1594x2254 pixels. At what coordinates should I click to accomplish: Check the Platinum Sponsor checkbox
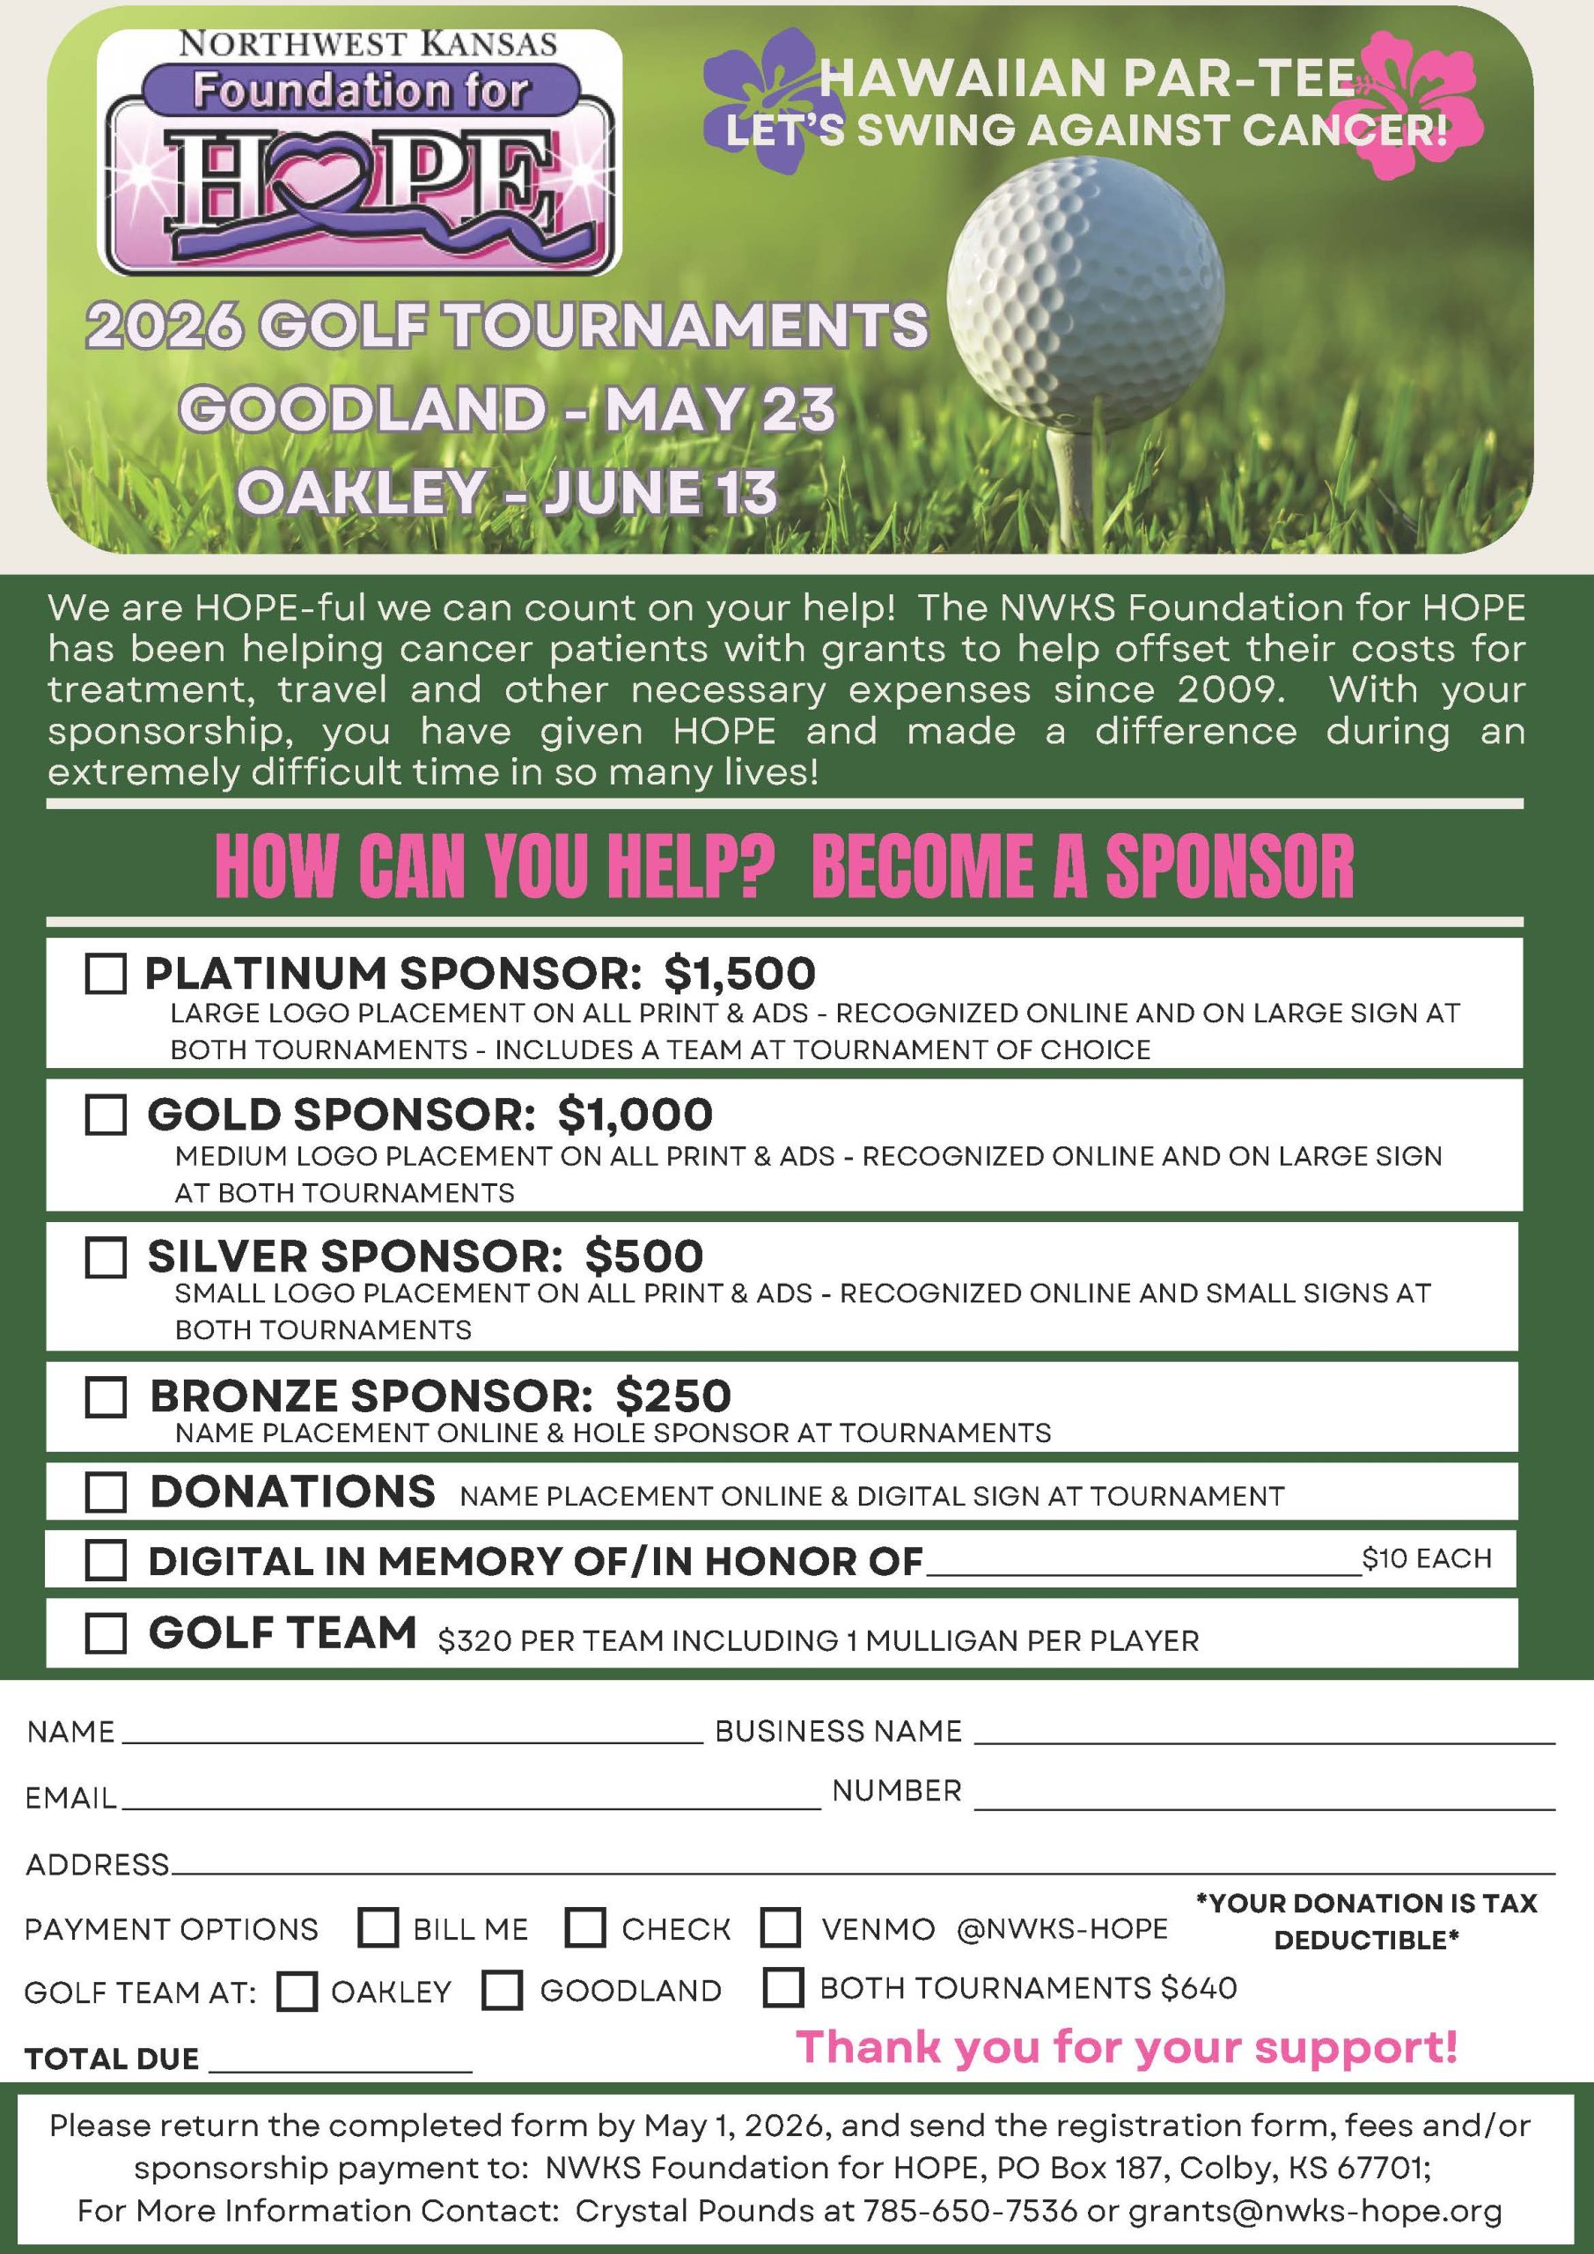pos(106,974)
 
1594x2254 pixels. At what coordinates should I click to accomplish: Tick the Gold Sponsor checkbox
pos(106,1115)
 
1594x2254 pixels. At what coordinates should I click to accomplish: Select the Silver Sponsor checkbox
pos(106,1256)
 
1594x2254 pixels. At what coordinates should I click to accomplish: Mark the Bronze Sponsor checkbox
pos(106,1396)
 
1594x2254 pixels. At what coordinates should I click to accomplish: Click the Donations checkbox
pos(106,1492)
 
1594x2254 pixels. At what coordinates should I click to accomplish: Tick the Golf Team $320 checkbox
pos(106,1633)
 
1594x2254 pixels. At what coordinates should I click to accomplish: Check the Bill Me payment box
pos(378,1927)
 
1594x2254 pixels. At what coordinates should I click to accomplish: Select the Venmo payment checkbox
pos(782,1927)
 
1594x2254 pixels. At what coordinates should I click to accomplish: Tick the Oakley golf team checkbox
pos(297,1992)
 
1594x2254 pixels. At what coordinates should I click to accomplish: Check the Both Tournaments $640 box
pos(783,1987)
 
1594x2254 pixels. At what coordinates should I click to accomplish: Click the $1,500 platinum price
pos(739,973)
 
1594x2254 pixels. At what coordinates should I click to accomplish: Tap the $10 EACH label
pos(1426,1558)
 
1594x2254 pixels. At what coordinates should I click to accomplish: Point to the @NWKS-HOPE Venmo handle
pos(1062,1929)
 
